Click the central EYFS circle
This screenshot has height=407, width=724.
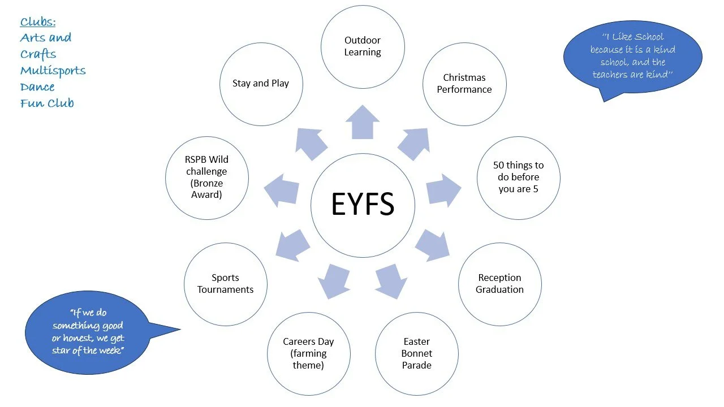click(363, 205)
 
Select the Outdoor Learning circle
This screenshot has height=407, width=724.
click(363, 47)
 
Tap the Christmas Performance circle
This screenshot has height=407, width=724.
click(464, 84)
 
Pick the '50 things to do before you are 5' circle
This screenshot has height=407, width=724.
click(518, 177)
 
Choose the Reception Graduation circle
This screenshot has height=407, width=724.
click(499, 284)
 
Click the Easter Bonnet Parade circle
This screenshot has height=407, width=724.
click(416, 353)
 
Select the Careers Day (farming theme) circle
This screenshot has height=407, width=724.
click(308, 353)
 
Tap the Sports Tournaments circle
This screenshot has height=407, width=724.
click(225, 284)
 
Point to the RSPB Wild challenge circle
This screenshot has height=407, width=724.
click(206, 177)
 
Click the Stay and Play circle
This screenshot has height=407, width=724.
click(261, 84)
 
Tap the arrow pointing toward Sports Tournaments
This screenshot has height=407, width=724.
click(292, 245)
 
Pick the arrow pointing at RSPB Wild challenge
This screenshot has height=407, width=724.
click(281, 188)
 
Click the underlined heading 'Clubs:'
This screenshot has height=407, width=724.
click(38, 22)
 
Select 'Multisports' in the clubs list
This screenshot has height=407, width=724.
click(53, 71)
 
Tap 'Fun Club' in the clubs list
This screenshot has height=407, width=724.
click(47, 103)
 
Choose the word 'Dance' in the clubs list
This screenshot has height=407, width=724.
click(37, 87)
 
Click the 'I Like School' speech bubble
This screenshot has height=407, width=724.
click(632, 55)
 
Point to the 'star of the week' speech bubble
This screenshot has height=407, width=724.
click(88, 331)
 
